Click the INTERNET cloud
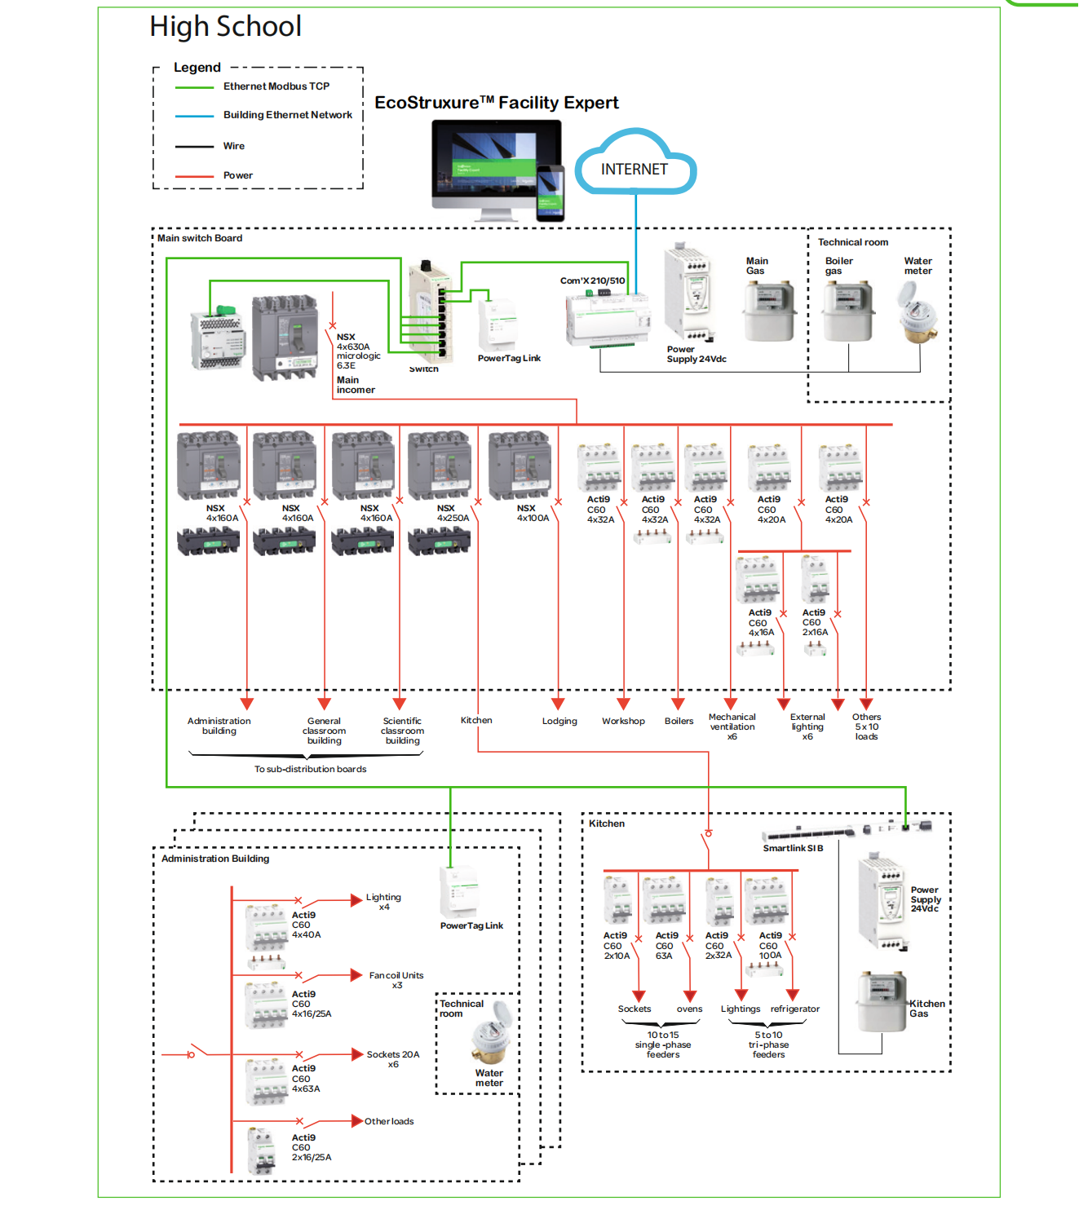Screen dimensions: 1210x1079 [x=635, y=168]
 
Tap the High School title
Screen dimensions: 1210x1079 [x=226, y=27]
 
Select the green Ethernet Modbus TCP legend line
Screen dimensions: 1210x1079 [x=194, y=87]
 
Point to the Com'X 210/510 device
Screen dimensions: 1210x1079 [x=608, y=318]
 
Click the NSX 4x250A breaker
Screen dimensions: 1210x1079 [x=440, y=466]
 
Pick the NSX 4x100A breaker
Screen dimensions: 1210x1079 [x=520, y=466]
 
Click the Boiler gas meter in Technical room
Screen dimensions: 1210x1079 [x=848, y=311]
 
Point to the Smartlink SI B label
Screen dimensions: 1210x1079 [x=793, y=848]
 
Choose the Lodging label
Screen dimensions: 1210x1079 [x=559, y=722]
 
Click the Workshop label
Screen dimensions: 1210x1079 [x=623, y=722]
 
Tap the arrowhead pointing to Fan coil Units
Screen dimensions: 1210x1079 [x=356, y=975]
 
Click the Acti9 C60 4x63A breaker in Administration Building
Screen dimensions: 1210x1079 [x=268, y=1081]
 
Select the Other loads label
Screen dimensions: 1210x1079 [x=389, y=1122]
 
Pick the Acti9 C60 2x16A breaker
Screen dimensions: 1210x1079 [x=815, y=580]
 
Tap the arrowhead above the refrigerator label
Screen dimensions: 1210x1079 [x=793, y=995]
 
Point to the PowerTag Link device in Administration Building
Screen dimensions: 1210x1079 [x=458, y=891]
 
